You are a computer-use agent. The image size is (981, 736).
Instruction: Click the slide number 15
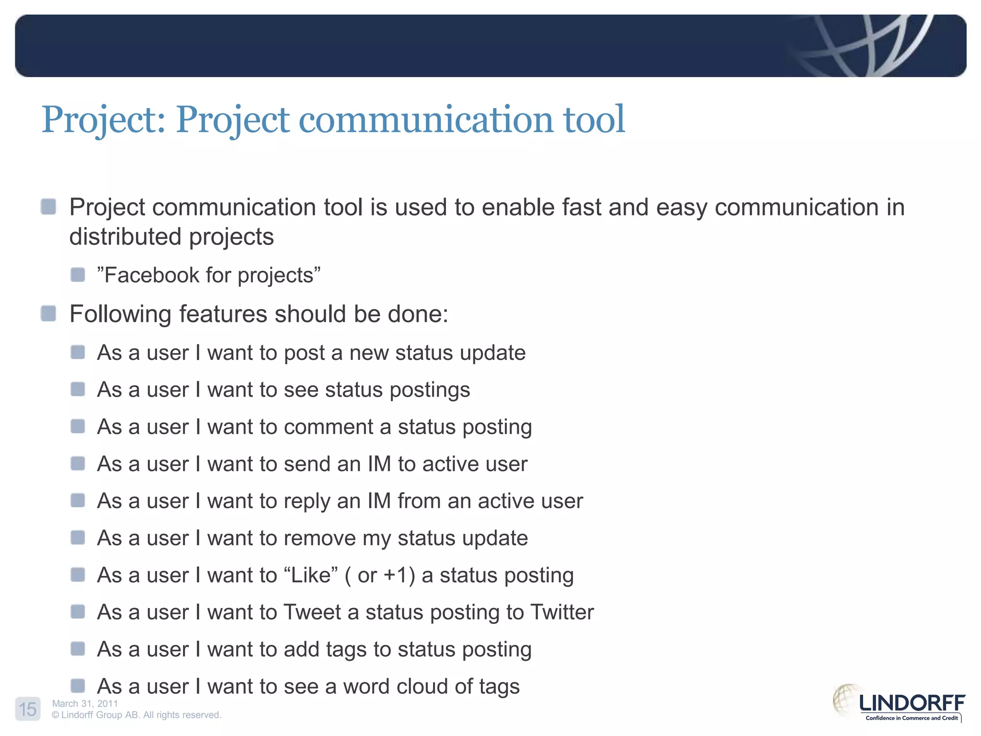click(x=28, y=709)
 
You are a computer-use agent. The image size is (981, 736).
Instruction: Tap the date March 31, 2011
click(x=85, y=703)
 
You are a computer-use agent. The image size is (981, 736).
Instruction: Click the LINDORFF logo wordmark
click(x=912, y=703)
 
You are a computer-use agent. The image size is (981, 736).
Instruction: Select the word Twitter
click(x=562, y=612)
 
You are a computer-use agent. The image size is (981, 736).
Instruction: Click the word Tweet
click(x=312, y=612)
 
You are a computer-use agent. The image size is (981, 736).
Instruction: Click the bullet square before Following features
click(x=48, y=314)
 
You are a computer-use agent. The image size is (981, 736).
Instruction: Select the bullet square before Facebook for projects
click(x=78, y=275)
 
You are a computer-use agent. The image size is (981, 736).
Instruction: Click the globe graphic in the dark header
click(x=862, y=46)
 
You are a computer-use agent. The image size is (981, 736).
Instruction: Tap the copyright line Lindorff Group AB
click(x=137, y=715)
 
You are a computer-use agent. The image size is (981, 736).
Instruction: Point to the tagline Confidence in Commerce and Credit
click(x=911, y=718)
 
